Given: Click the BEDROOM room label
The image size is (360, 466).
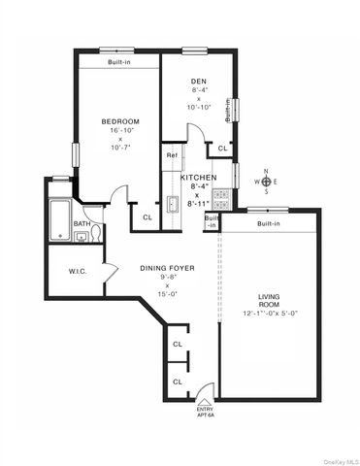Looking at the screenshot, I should pos(120,121).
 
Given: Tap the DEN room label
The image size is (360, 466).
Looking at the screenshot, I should pos(199,81).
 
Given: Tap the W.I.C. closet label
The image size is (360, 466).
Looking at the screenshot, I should pos(79,271).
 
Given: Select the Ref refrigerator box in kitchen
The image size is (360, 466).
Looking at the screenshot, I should pos(171,155).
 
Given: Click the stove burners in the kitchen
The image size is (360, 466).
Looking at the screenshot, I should pos(221,203).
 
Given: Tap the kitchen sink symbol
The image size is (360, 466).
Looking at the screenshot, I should pos(171,204).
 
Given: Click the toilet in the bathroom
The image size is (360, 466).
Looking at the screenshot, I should pos(81,236).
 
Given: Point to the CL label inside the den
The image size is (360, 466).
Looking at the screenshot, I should pos(222,149).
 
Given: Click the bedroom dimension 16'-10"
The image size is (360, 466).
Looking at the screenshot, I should pos(120,132).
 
